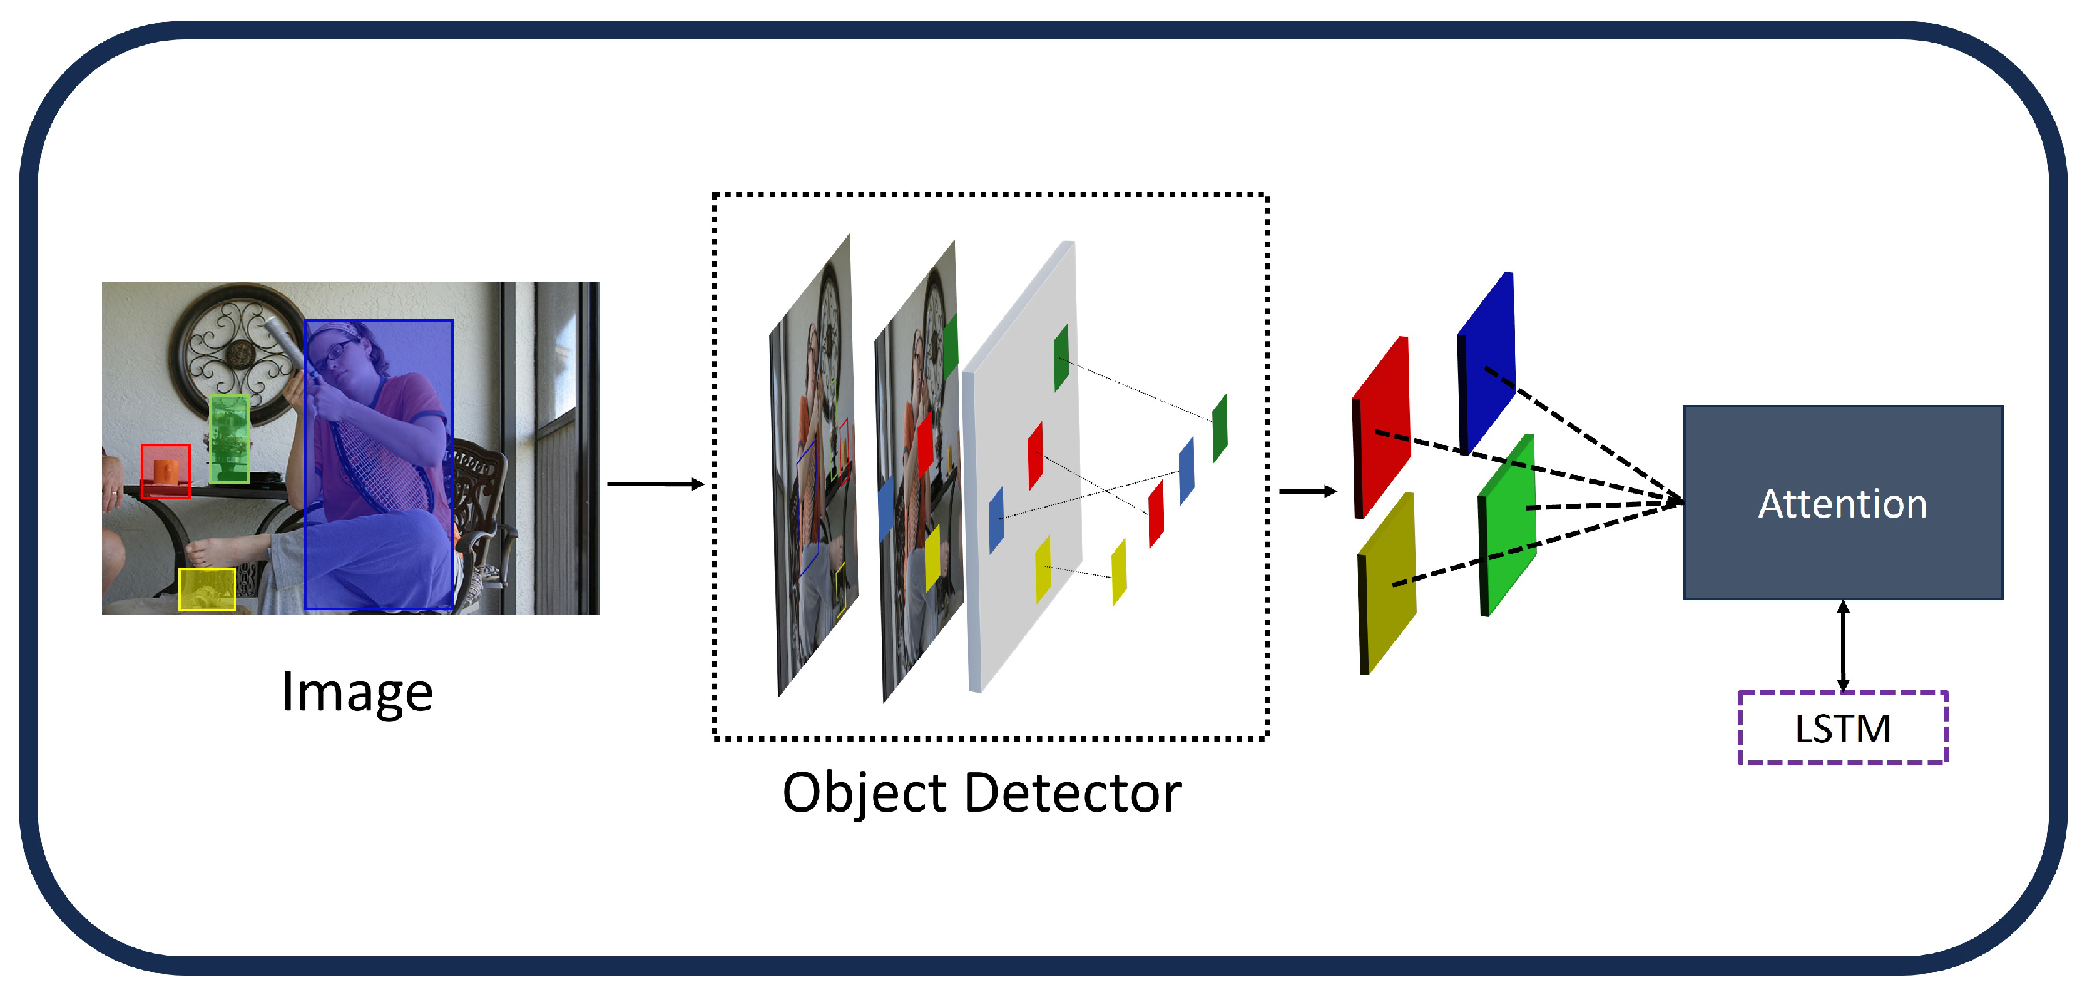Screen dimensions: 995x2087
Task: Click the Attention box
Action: click(x=1842, y=503)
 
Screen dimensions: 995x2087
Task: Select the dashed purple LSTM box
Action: click(x=1842, y=728)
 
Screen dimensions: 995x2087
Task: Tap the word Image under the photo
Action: click(x=357, y=692)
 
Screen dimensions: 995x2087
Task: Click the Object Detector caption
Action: click(x=981, y=792)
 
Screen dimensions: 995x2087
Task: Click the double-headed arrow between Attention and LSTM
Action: click(x=1842, y=646)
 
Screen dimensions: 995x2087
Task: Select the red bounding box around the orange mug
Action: click(x=165, y=471)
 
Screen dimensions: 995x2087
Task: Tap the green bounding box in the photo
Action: click(x=228, y=438)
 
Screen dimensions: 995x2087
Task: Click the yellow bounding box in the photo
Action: click(x=207, y=588)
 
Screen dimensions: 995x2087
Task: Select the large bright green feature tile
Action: click(x=1508, y=524)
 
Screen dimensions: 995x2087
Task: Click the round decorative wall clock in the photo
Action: click(x=240, y=354)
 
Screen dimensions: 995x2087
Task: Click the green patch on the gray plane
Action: click(x=1061, y=357)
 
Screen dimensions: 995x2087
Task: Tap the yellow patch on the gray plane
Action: click(x=1043, y=568)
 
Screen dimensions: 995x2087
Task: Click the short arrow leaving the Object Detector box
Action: click(x=1307, y=491)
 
